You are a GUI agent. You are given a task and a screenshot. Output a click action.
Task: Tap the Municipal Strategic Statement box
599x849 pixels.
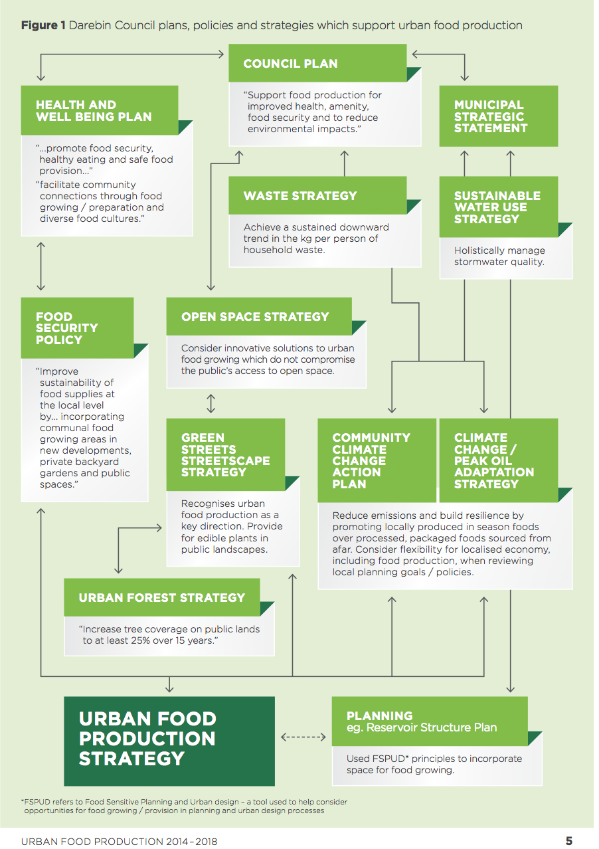499,116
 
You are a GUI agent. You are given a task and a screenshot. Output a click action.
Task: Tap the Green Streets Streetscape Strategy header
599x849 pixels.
226,454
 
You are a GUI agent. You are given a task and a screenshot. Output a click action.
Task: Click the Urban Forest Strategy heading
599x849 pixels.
162,597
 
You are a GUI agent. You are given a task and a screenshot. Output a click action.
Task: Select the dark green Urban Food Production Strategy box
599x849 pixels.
169,741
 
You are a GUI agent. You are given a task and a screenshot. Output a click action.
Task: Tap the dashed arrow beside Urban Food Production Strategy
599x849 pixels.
303,737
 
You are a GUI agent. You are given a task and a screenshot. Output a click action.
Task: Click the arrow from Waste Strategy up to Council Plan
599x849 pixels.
345,163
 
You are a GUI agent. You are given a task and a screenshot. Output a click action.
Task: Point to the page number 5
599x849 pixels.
568,840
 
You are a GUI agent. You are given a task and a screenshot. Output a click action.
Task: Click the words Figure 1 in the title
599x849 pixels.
43,25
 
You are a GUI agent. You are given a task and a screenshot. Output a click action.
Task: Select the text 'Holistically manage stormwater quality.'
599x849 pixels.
499,256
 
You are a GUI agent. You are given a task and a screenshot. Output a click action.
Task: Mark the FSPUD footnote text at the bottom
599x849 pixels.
185,806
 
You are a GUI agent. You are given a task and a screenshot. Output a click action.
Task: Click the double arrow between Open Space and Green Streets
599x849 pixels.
211,403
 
